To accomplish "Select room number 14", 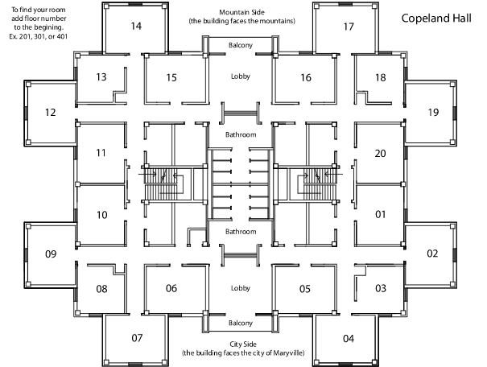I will (136, 26).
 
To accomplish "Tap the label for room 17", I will (349, 26).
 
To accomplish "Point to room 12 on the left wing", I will (50, 112).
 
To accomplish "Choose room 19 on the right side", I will (433, 112).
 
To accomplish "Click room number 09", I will (50, 254).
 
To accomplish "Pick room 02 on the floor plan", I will (432, 254).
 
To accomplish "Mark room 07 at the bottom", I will (136, 338).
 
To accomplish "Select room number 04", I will (349, 338).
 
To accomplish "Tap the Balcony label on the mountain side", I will (241, 46).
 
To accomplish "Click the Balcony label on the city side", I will (241, 323).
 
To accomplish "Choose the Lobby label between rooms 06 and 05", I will (241, 287).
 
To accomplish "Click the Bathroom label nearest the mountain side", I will (241, 134).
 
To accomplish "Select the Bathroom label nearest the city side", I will (241, 232).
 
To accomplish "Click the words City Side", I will (241, 344).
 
